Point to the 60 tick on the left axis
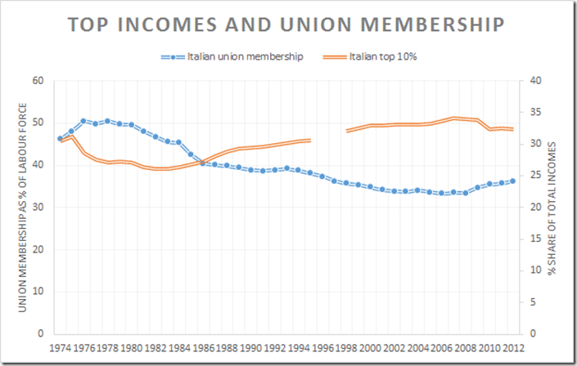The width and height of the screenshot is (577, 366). (37, 80)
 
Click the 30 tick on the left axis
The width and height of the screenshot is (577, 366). (37, 207)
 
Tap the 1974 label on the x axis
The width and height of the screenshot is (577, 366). (60, 346)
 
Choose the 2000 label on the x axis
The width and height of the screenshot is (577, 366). (370, 346)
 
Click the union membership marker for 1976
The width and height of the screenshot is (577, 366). (83, 121)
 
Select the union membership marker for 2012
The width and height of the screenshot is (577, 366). (513, 181)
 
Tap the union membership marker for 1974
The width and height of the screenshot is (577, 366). (60, 139)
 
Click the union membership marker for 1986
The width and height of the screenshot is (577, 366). (203, 163)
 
